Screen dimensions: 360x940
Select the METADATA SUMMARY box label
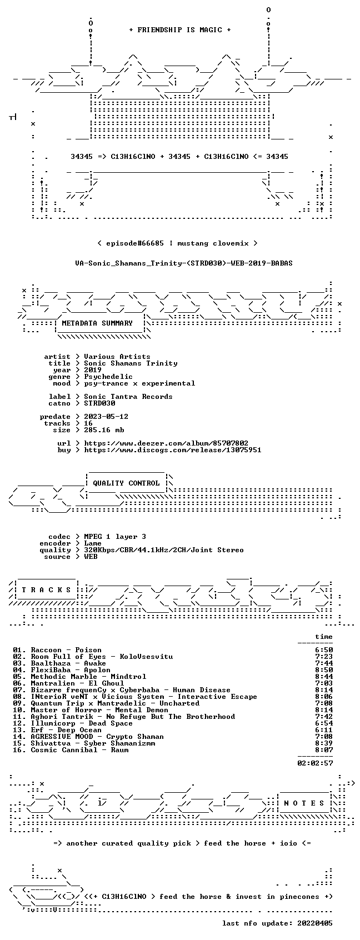(97, 323)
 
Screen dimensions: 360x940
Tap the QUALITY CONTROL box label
(126, 483)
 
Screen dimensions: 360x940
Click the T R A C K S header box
(47, 589)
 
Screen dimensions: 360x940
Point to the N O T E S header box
(304, 803)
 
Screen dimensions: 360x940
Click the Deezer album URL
(166, 443)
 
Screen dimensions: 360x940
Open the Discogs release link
(172, 450)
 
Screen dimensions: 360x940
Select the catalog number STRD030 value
(99, 403)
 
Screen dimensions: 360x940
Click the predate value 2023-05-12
(106, 417)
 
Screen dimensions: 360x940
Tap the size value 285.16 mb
(104, 430)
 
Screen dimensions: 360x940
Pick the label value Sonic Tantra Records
(128, 397)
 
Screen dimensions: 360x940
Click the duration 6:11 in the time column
(324, 730)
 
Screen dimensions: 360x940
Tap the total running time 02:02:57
(315, 763)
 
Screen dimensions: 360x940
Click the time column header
(324, 637)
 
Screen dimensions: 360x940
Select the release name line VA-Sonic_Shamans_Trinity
(184, 263)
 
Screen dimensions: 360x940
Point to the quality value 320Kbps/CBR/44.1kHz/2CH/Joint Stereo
(164, 550)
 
